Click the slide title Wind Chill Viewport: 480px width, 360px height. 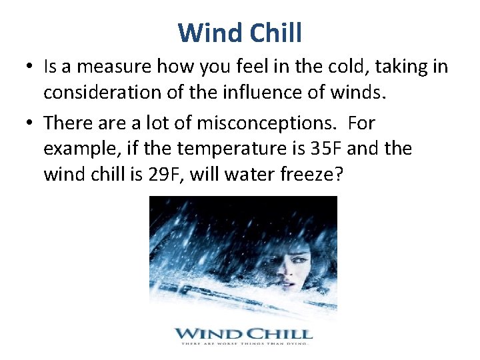click(240, 32)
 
